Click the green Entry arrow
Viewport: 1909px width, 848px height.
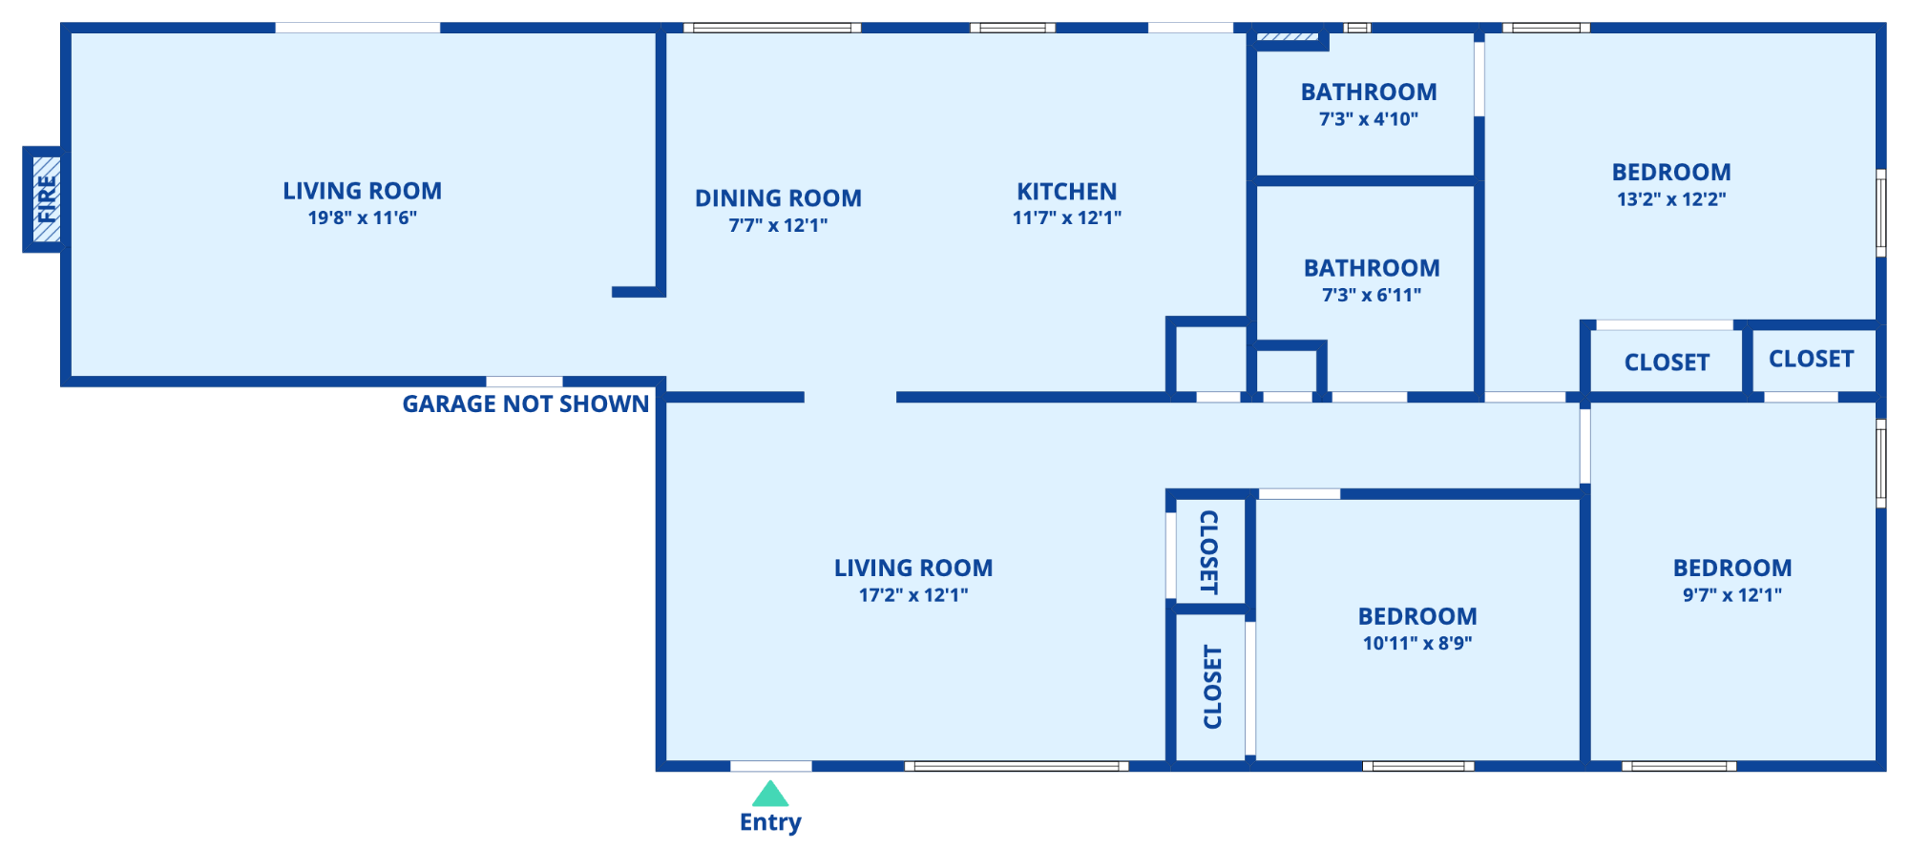tap(770, 794)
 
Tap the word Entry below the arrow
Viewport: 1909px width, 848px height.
tap(770, 822)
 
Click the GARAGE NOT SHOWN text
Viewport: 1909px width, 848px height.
tap(525, 403)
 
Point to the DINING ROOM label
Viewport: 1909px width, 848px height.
tap(778, 198)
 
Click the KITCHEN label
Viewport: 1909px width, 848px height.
tap(1066, 192)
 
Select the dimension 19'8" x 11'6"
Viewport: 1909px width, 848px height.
tap(362, 217)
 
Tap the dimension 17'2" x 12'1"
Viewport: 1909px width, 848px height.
tap(913, 595)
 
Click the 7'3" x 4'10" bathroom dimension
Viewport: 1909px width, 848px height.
tap(1369, 119)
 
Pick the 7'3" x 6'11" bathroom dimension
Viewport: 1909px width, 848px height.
tap(1372, 296)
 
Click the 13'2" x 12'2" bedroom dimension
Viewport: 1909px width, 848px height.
tap(1671, 199)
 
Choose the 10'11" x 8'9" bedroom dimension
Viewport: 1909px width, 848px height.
tap(1417, 644)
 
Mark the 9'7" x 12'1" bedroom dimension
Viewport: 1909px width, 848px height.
tap(1732, 595)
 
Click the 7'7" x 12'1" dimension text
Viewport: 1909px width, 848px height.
tap(778, 226)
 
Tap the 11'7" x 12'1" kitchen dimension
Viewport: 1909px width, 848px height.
tap(1066, 218)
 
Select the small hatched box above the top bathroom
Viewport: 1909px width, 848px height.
tap(1288, 37)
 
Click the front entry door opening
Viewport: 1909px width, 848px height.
tap(771, 766)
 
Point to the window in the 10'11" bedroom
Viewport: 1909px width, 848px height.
tap(1418, 766)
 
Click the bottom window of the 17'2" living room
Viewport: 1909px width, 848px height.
tap(1017, 766)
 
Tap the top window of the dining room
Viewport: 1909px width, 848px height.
tap(772, 28)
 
